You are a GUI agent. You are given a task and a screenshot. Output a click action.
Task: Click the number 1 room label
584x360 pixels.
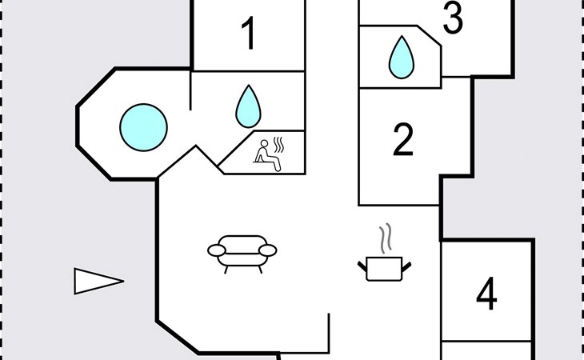(250, 34)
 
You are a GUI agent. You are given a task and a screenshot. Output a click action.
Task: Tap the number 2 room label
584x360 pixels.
(403, 140)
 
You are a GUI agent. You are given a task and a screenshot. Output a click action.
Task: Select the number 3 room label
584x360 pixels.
(453, 19)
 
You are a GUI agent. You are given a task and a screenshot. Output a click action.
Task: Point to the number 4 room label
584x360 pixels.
(486, 294)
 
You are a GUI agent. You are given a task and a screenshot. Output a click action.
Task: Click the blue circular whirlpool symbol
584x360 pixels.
(144, 125)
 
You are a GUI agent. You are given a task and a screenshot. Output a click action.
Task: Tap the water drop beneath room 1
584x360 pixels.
(249, 107)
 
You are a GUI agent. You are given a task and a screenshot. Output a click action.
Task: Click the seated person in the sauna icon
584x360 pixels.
(266, 154)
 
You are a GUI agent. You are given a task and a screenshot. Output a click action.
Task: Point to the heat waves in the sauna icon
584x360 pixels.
(280, 146)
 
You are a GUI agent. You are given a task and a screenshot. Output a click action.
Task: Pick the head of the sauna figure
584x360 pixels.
(262, 143)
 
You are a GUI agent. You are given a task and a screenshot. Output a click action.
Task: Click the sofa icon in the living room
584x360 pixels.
(242, 253)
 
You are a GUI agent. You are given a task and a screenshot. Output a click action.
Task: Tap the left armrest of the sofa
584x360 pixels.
(215, 251)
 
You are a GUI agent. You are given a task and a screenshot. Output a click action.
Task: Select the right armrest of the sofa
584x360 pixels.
(268, 251)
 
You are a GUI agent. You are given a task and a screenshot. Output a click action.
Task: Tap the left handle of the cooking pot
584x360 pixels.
(361, 262)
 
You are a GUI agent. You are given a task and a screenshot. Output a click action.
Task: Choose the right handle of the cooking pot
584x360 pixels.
(410, 262)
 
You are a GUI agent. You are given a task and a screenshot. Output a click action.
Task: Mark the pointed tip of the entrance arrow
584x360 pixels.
(122, 281)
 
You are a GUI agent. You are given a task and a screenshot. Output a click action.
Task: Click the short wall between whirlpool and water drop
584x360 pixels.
(190, 90)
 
